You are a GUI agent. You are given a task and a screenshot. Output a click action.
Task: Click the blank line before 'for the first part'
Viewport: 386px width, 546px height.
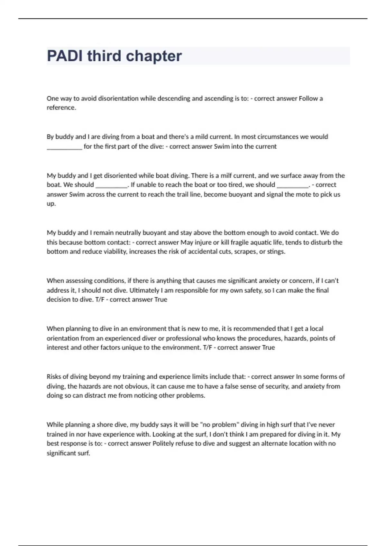pos(64,147)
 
